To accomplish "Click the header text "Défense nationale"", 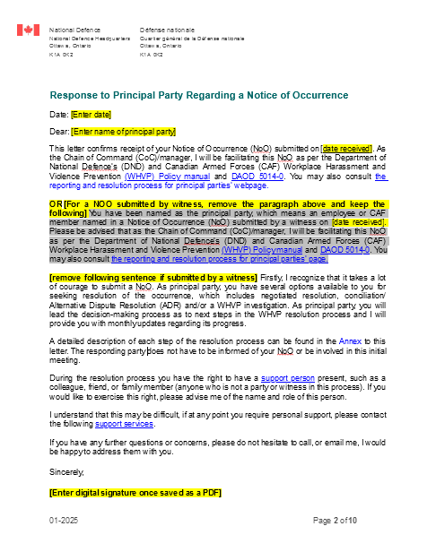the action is pyautogui.click(x=168, y=31).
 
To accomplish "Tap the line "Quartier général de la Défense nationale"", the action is pyautogui.click(x=192, y=39).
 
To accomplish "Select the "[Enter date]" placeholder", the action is pyautogui.click(x=91, y=115).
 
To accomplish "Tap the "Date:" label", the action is pyautogui.click(x=58, y=115).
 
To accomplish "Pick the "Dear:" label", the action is pyautogui.click(x=59, y=132).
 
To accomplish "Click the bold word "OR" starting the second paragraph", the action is pyautogui.click(x=56, y=204).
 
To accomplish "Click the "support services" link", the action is pyautogui.click(x=123, y=436).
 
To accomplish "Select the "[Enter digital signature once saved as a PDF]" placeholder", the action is pyautogui.click(x=135, y=494).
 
